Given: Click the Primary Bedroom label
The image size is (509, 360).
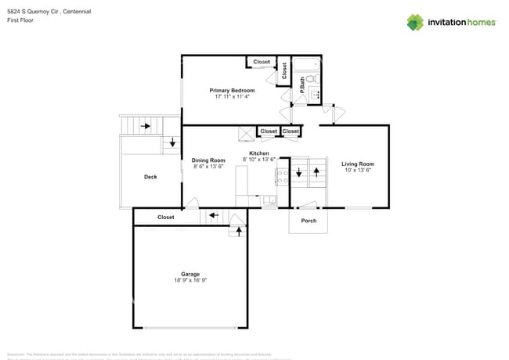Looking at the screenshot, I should tap(232, 91).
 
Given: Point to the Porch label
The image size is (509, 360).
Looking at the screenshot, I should tap(309, 220).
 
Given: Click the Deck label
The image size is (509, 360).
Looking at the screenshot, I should tap(150, 177).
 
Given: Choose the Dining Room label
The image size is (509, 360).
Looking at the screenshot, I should tap(208, 160).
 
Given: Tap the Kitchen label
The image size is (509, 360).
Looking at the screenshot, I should tap(259, 153).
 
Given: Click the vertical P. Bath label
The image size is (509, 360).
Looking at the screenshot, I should tap(302, 85).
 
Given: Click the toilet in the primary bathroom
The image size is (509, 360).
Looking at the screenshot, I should tap(310, 79).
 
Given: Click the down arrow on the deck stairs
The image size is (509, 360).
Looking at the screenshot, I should tap(173, 142).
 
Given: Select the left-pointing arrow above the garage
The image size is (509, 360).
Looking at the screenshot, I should tap(214, 215).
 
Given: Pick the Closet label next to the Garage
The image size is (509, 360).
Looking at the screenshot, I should tap(166, 217).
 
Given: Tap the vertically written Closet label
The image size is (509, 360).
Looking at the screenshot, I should tap(284, 70).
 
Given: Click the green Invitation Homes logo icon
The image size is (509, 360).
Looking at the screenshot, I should tap(415, 22).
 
